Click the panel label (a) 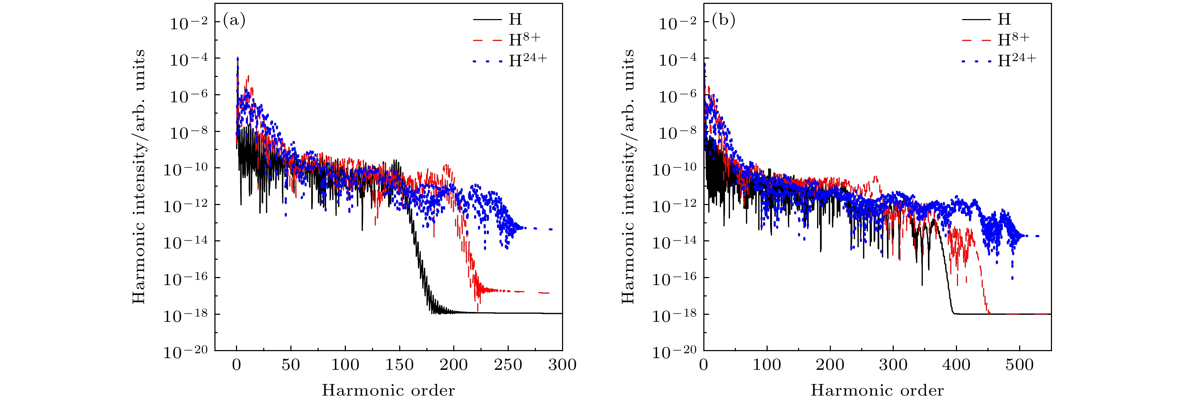pos(234,20)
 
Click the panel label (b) pos(723,20)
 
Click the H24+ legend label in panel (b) pos(1016,60)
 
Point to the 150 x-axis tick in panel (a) pos(399,365)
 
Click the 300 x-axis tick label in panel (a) pos(562,365)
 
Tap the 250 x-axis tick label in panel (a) pos(508,365)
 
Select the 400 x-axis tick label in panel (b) pos(956,365)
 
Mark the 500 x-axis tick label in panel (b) pos(1019,365)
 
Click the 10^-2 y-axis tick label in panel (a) pos(189,23)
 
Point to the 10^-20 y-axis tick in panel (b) pos(674,351)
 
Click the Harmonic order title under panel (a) pos(388,390)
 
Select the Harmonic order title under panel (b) pos(877,390)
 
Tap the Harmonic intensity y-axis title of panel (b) pos(627,176)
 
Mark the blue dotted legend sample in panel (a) pos(487,61)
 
